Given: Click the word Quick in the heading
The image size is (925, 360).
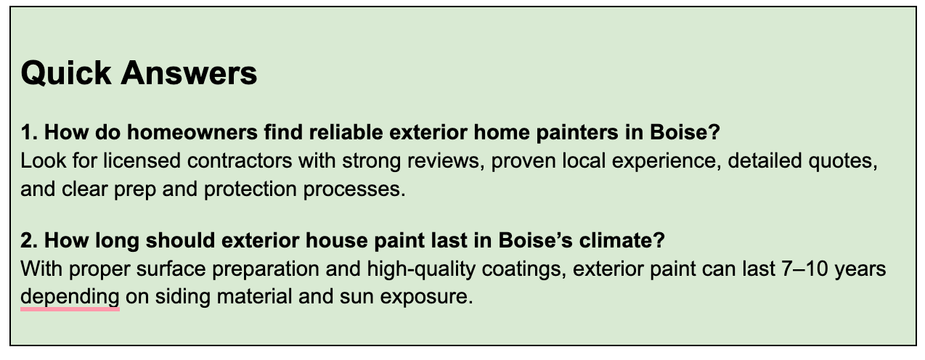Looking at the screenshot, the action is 66,73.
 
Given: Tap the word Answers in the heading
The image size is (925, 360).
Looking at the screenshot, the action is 189,73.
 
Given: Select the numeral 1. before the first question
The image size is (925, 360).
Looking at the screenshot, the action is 29,132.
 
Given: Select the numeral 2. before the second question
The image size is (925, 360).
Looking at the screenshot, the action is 29,240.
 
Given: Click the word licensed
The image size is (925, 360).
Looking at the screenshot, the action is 142,161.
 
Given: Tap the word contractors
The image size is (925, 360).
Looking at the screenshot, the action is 240,161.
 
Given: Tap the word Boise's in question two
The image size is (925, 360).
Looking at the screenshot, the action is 536,240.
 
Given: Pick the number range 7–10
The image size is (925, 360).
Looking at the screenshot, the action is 804,269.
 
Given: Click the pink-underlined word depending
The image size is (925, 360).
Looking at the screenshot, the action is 70,298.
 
